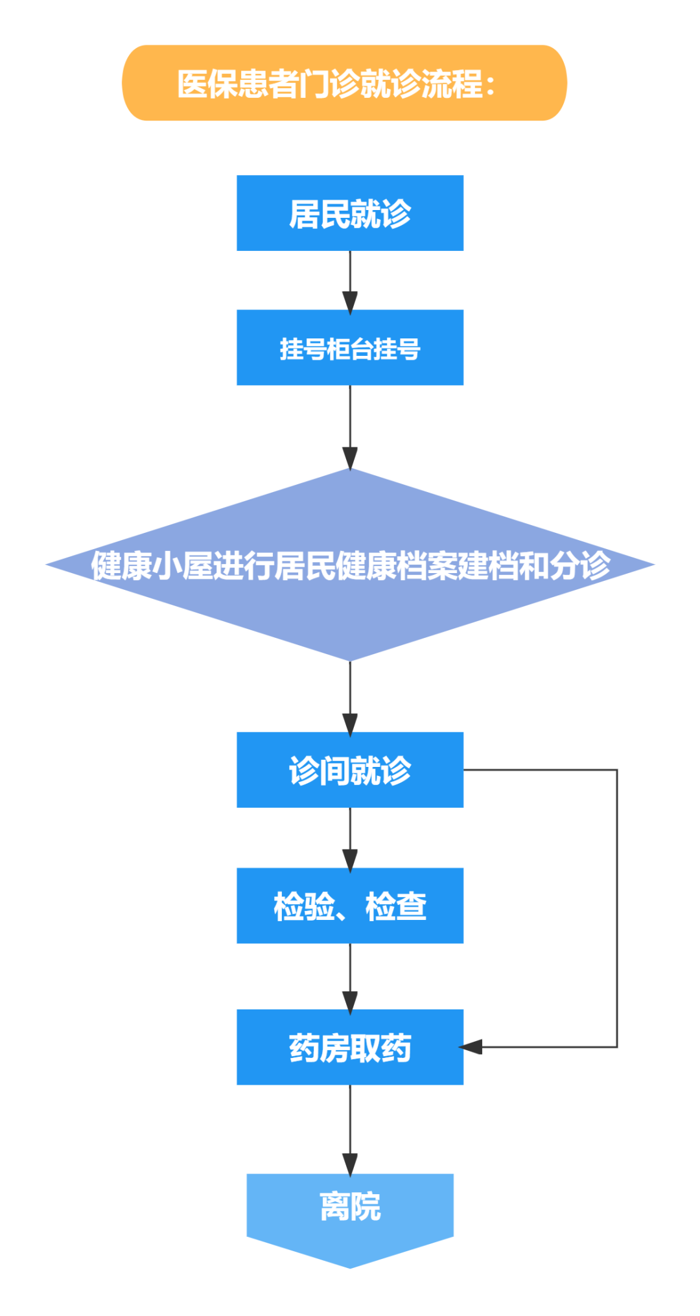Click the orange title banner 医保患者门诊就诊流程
click(344, 83)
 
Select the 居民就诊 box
click(350, 213)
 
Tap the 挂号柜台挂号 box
click(350, 348)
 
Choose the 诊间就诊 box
click(350, 770)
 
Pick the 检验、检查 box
click(350, 906)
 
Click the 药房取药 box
click(350, 1047)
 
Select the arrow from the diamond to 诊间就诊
click(350, 696)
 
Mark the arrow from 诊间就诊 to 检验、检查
click(350, 837)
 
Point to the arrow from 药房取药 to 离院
click(350, 1128)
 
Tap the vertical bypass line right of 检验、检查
click(617, 908)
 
